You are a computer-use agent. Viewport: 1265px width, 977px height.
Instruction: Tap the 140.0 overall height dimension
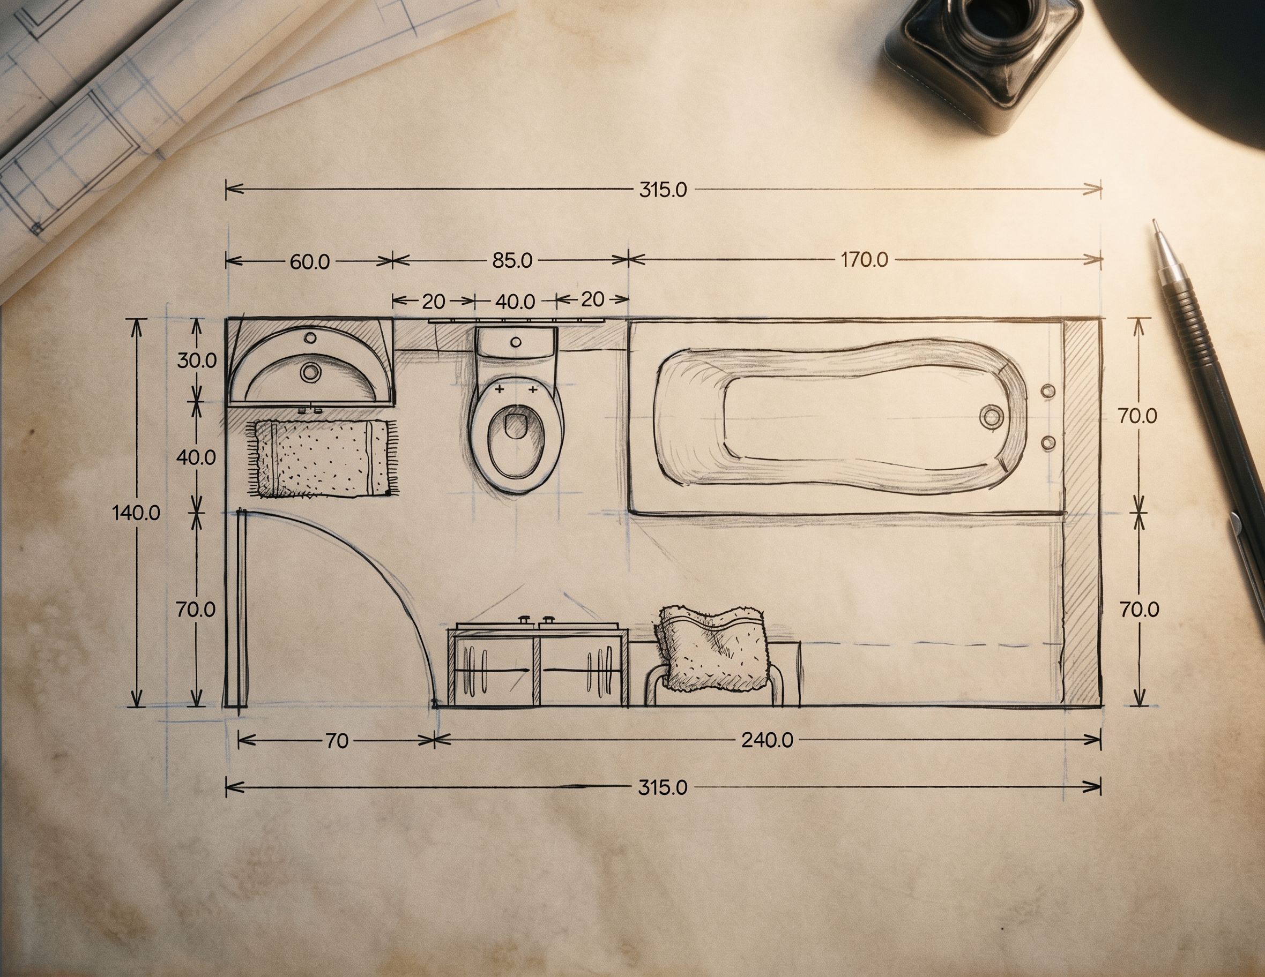[x=136, y=513]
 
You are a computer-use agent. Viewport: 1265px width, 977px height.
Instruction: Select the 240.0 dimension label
[x=768, y=740]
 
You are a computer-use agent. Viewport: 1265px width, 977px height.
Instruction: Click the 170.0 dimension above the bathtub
[x=864, y=260]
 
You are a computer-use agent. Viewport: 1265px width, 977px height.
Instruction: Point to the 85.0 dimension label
[x=512, y=260]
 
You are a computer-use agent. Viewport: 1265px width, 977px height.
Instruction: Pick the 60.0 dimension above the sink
[x=309, y=261]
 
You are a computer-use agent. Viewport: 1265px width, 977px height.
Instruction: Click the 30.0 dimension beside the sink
[x=197, y=360]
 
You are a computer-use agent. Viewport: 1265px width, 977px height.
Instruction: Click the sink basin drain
[x=310, y=372]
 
